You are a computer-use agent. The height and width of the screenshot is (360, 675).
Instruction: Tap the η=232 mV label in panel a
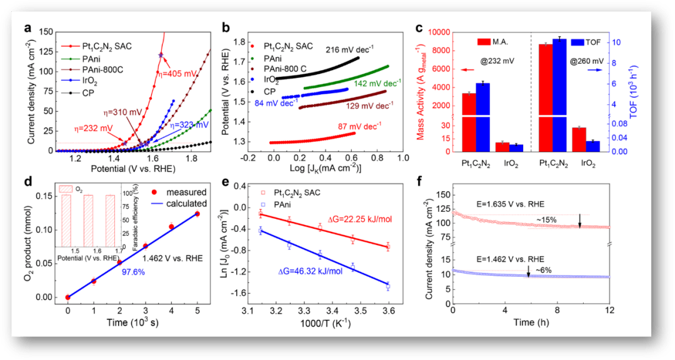click(x=92, y=129)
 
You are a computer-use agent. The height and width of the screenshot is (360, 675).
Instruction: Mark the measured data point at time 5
click(x=197, y=214)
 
